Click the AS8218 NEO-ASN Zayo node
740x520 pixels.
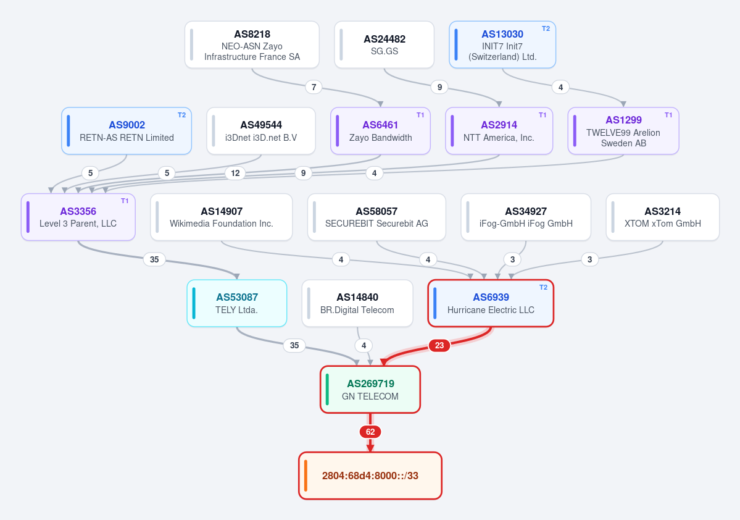click(x=252, y=45)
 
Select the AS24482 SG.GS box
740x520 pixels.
click(x=384, y=45)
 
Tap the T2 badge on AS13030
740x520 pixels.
click(x=546, y=29)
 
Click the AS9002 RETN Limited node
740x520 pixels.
click(x=127, y=131)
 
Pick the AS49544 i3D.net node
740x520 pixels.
click(x=261, y=131)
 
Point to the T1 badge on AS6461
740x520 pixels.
click(x=420, y=115)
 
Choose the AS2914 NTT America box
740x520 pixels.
click(x=499, y=131)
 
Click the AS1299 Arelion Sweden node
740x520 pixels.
click(x=623, y=131)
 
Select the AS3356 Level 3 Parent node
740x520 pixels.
click(x=78, y=217)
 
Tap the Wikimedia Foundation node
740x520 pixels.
click(x=222, y=217)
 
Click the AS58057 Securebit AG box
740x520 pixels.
click(x=376, y=217)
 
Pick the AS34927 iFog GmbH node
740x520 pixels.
click(x=526, y=217)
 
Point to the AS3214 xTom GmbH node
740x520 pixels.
click(x=663, y=217)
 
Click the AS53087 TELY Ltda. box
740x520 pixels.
click(x=237, y=303)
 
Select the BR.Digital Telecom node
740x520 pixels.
click(x=357, y=303)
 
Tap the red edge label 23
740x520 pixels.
click(x=439, y=346)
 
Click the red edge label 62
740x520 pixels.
click(x=370, y=432)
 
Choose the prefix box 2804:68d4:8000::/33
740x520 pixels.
click(x=370, y=476)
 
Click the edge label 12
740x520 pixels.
click(x=235, y=174)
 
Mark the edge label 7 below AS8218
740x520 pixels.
click(x=314, y=87)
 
